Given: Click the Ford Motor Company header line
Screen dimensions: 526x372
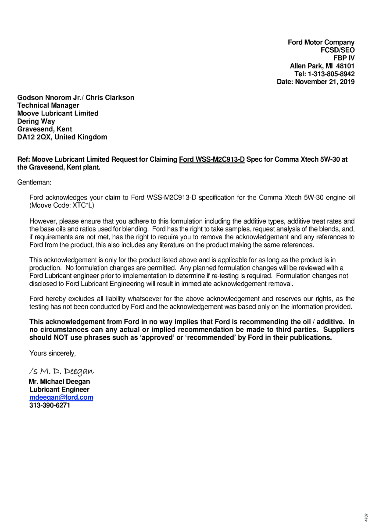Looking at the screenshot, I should (321, 43).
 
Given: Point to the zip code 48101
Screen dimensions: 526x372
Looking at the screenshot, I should (345, 66).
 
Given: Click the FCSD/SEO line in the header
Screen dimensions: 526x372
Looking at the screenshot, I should (337, 50).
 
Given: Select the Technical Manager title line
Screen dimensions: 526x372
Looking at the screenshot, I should (48, 106).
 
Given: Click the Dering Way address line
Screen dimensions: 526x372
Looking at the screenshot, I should (36, 121).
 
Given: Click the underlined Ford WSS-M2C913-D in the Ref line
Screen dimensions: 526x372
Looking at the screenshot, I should (211, 160).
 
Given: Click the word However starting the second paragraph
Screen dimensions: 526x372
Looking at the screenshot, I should (43, 221).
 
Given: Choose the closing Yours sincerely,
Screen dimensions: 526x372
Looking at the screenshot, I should (52, 353).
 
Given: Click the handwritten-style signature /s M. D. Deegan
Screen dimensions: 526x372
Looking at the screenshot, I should (61, 371).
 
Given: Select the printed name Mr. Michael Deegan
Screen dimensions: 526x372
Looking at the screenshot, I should (59, 382).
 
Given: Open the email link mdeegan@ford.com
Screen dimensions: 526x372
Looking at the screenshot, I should (61, 398).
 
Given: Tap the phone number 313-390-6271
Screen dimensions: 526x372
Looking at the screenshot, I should (50, 405).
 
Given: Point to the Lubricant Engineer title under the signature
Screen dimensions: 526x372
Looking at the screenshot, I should (59, 390).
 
